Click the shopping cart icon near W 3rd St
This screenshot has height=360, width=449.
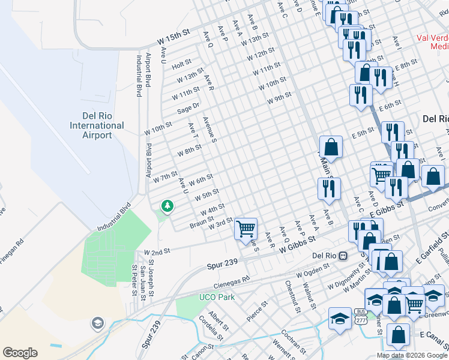point(246,229)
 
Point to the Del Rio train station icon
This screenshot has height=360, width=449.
point(343,255)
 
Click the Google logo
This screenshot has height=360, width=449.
point(20,353)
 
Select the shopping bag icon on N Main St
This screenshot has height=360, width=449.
point(330,146)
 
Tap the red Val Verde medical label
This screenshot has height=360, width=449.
point(432,41)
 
